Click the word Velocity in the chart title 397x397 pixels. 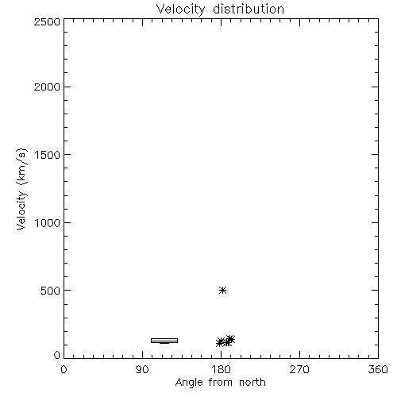coord(180,10)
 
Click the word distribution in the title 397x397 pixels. coord(249,9)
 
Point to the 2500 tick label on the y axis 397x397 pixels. coord(47,21)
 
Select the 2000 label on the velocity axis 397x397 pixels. coord(47,87)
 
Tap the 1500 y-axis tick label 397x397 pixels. coord(48,155)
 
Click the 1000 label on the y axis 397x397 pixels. coord(48,222)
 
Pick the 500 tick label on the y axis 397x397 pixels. coord(51,291)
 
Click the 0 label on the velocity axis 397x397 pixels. coord(57,355)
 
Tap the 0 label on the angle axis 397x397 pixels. coord(64,369)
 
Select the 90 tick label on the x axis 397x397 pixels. coord(142,369)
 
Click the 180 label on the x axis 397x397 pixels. coord(221,369)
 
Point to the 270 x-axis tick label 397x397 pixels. coord(299,369)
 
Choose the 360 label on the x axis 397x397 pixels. coord(378,369)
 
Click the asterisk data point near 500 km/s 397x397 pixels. coord(223,290)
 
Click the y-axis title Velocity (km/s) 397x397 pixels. coord(21,189)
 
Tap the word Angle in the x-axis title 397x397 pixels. coord(189,383)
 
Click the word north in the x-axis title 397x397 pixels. coord(252,382)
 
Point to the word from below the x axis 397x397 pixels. coord(221,382)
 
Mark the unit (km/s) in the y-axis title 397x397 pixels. coord(21,167)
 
